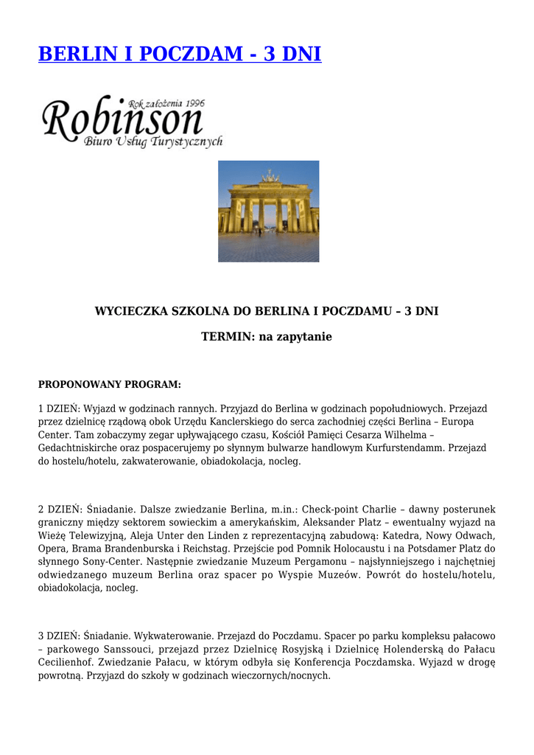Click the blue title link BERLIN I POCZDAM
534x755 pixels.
click(x=180, y=54)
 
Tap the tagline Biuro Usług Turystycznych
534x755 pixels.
click(x=153, y=142)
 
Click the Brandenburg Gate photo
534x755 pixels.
click(x=268, y=211)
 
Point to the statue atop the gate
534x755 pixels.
click(x=270, y=176)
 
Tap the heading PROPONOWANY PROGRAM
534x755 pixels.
click(x=109, y=384)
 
